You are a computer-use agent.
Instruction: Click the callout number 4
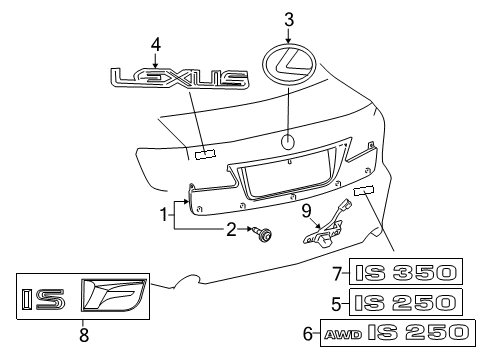click(x=155, y=43)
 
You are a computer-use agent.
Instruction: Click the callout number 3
click(x=289, y=18)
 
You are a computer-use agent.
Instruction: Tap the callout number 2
click(x=231, y=229)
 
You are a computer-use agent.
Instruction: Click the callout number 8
click(x=84, y=335)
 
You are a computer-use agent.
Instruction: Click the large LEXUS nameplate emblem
click(x=179, y=78)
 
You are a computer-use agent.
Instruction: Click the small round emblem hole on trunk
click(x=288, y=141)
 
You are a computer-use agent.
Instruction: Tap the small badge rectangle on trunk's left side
click(x=205, y=153)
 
